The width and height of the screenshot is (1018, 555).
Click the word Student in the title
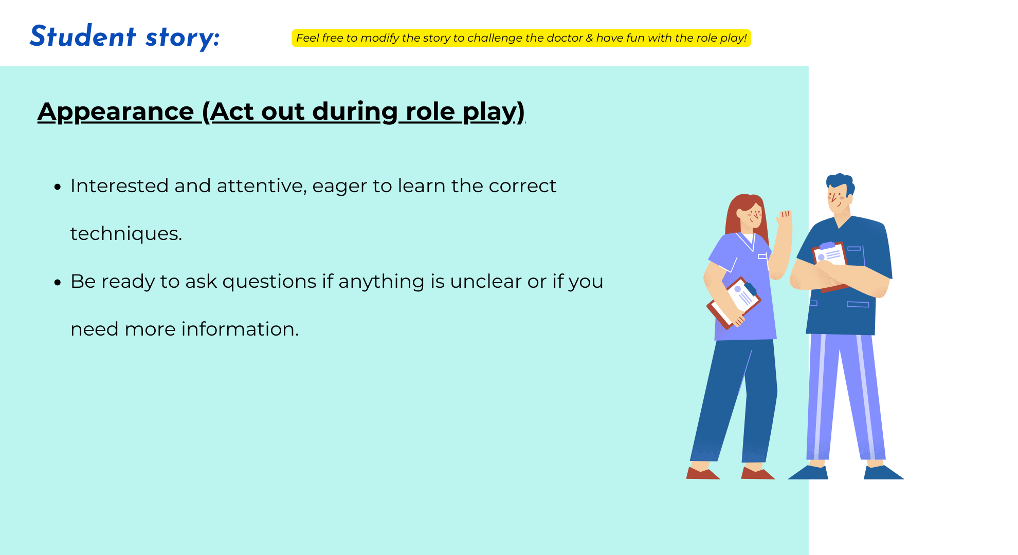point(83,36)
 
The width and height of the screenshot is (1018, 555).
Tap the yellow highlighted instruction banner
point(521,38)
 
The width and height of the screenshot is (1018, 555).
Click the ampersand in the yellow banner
point(589,38)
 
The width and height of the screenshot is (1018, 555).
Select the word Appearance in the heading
point(116,112)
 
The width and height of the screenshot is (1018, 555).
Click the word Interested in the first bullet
point(119,186)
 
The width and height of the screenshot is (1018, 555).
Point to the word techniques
point(126,234)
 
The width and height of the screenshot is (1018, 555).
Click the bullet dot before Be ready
point(58,282)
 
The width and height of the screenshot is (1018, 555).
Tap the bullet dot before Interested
point(58,187)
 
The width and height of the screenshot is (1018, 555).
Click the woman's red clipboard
point(734,303)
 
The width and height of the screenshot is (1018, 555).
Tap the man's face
point(838,199)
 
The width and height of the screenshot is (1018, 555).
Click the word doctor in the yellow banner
point(565,38)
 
